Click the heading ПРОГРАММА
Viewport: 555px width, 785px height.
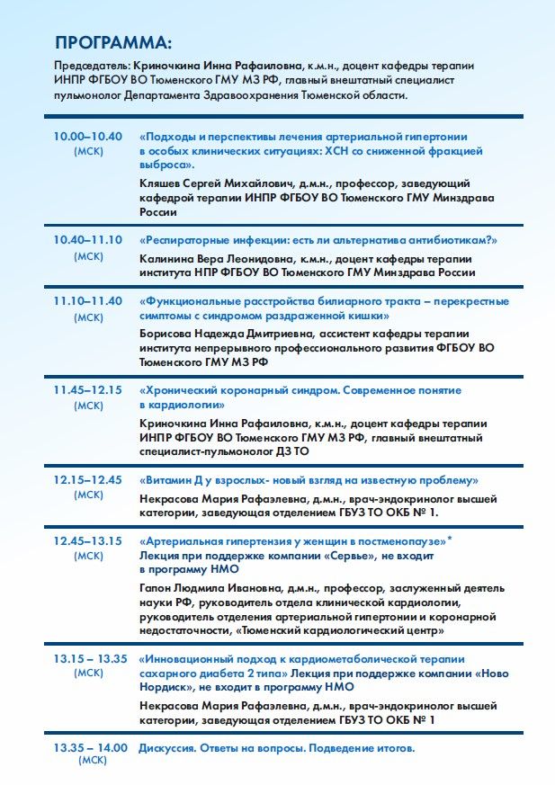[x=112, y=43]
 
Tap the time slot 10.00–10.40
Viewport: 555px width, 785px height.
[x=87, y=137]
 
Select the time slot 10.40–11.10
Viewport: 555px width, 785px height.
[x=87, y=240]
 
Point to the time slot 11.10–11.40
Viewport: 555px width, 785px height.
[x=87, y=301]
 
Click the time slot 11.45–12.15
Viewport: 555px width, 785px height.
[x=87, y=390]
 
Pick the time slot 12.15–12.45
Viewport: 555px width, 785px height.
[x=87, y=479]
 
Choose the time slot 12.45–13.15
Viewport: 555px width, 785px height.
[x=87, y=541]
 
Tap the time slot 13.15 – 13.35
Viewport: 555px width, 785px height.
[x=90, y=658]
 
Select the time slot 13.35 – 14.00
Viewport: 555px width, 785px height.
[x=90, y=748]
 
